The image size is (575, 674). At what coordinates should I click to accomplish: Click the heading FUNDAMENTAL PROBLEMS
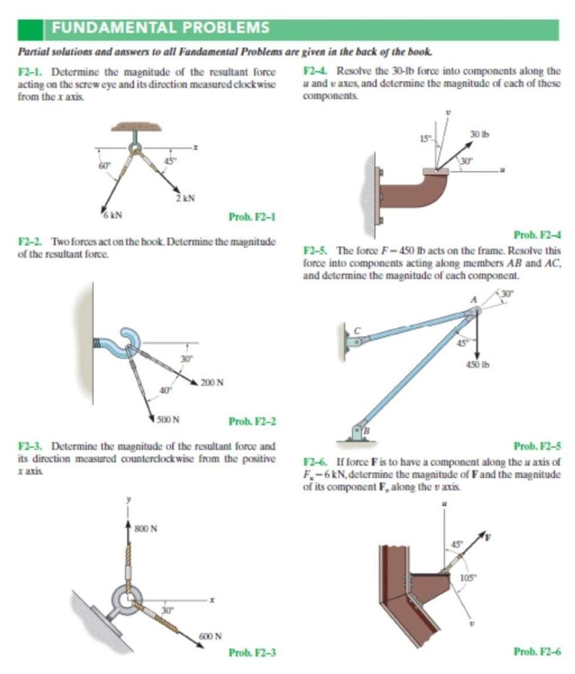[x=161, y=28]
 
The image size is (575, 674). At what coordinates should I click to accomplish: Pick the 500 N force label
[x=168, y=420]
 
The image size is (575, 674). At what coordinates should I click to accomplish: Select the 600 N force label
[x=210, y=636]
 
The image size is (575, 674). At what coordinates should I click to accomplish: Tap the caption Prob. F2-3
[x=252, y=652]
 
